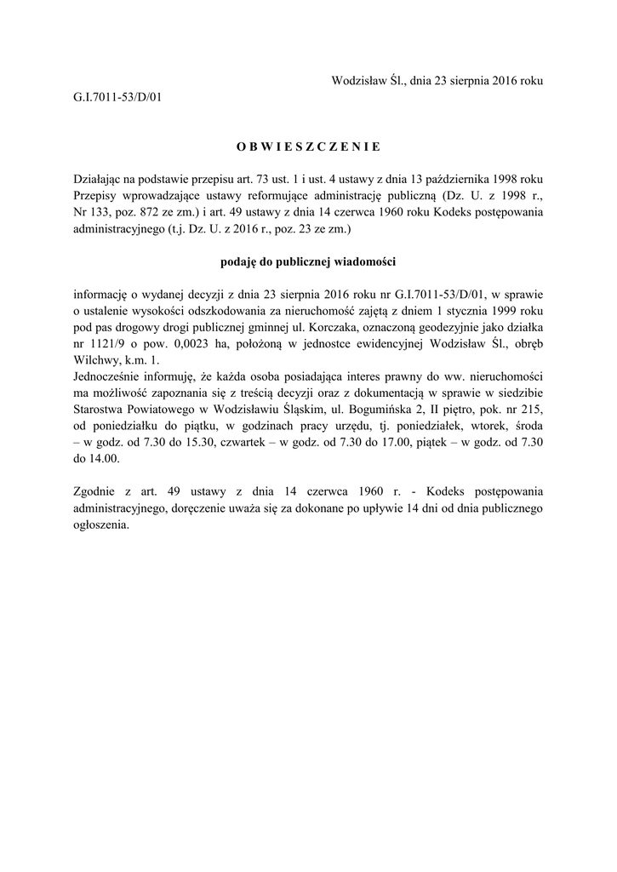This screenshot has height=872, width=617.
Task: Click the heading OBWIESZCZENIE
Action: (x=308, y=146)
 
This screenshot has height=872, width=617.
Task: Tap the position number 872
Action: (x=163, y=212)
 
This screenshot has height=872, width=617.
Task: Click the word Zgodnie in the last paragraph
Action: (x=96, y=491)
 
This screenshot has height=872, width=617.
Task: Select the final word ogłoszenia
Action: (x=101, y=524)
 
